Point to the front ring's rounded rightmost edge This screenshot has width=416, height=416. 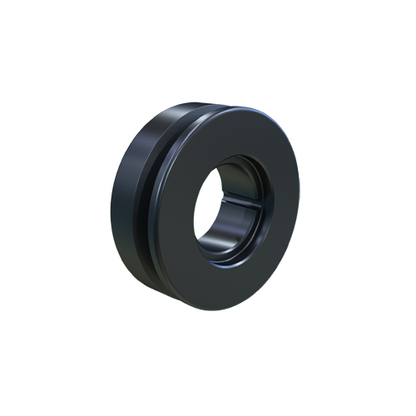(297, 208)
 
